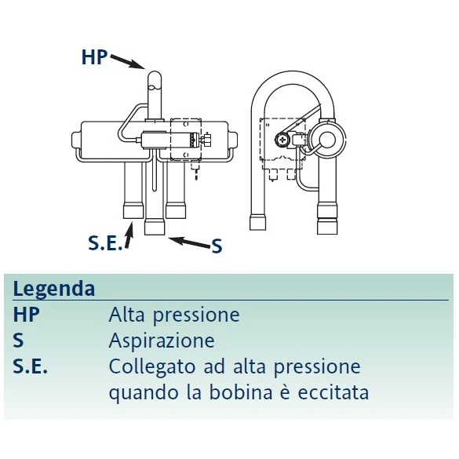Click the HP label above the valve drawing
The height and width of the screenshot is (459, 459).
click(x=95, y=56)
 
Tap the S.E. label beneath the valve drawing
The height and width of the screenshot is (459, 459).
click(x=105, y=243)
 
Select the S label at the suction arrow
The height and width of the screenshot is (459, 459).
click(x=217, y=246)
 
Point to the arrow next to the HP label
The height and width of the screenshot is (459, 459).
click(x=128, y=62)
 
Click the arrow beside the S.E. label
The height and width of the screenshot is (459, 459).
click(x=129, y=235)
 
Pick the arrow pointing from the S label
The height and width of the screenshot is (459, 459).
click(x=189, y=242)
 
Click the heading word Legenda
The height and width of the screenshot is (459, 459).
click(x=54, y=289)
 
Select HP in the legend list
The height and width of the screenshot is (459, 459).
click(x=26, y=315)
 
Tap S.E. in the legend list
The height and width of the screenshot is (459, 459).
click(x=30, y=366)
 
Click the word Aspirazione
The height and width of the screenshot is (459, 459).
click(x=162, y=341)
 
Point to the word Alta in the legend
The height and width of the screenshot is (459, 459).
click(x=127, y=315)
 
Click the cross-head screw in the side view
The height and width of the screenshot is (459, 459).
click(x=282, y=140)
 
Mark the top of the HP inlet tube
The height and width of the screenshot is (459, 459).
click(x=155, y=72)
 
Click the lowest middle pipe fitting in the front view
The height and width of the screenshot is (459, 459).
click(x=155, y=228)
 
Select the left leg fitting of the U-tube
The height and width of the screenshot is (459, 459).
click(x=258, y=222)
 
